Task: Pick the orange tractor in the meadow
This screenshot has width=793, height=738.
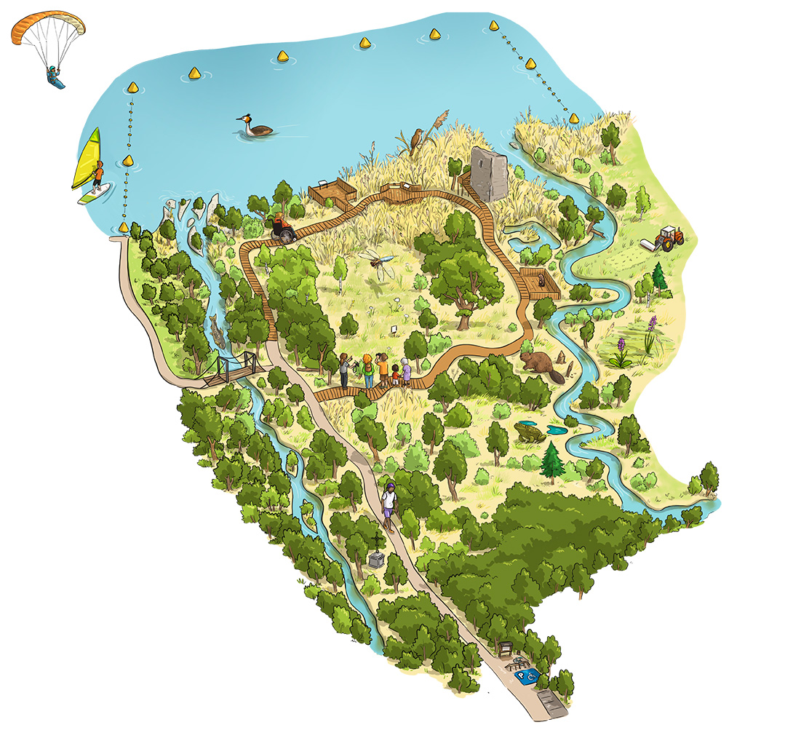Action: coord(668,237)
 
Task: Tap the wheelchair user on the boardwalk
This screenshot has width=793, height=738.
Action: coord(282,229)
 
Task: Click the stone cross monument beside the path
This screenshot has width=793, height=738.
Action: coord(377,557)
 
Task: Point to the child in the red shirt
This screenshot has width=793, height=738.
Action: coord(396,375)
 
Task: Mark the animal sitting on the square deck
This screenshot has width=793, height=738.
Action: coord(541,279)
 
